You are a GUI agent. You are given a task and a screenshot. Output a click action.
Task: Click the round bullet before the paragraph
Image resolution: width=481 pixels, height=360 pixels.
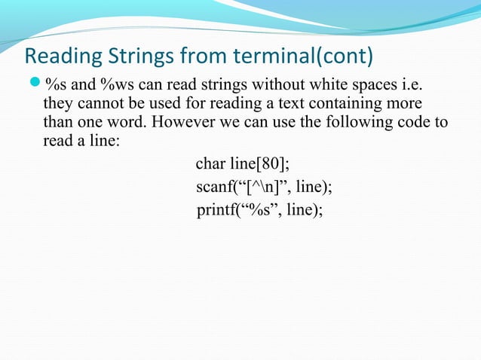[x=34, y=82]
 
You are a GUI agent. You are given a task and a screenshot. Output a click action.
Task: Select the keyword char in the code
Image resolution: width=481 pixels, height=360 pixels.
[x=209, y=164]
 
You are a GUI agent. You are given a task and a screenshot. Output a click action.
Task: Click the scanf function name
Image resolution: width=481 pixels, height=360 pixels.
[x=213, y=187]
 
